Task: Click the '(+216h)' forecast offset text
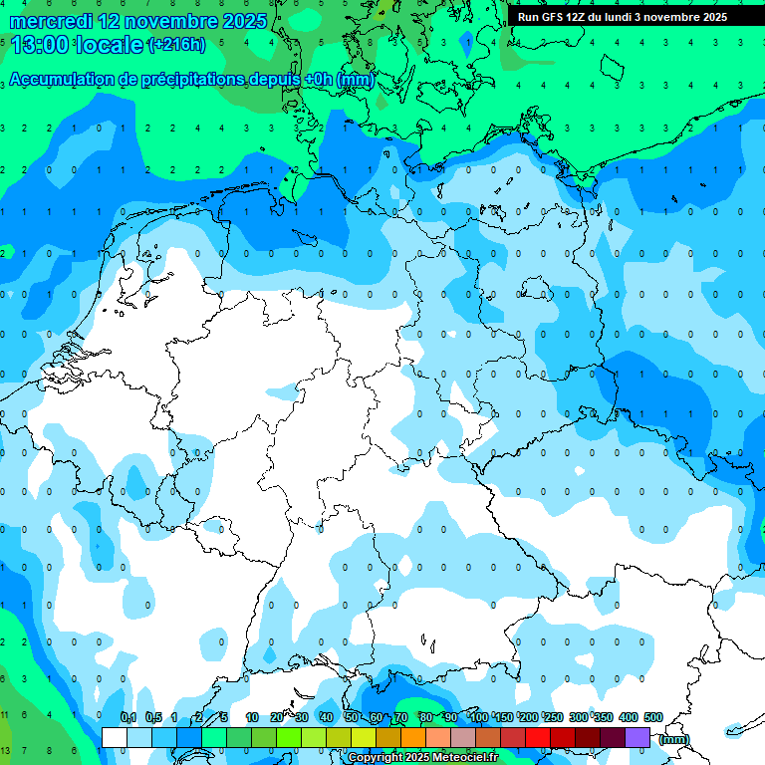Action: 176,45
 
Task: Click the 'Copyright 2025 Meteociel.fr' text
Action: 423,758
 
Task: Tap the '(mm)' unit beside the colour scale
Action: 674,739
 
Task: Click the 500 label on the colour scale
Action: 652,717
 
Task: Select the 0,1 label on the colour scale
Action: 128,717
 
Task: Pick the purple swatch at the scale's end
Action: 637,737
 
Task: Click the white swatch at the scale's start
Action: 115,737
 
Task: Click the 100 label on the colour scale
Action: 478,717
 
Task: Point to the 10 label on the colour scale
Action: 252,717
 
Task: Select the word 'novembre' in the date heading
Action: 162,21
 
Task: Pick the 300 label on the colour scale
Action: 578,717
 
